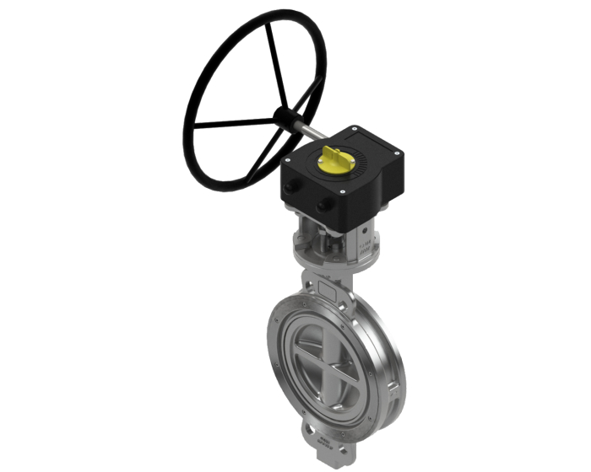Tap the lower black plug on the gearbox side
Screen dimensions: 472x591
click(323, 205)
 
